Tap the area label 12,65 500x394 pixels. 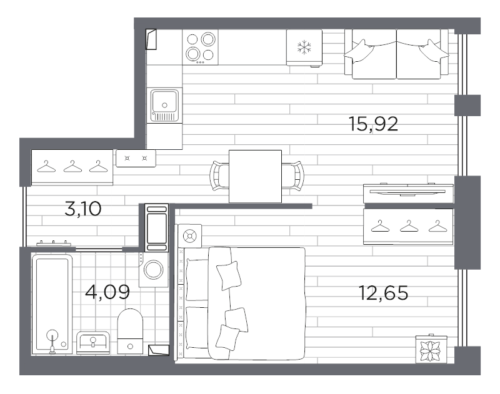pos(382,292)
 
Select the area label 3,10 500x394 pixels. pos(82,208)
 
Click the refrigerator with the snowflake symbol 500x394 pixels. pos(303,47)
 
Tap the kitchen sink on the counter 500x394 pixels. pos(165,104)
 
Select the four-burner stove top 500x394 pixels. pos(200,47)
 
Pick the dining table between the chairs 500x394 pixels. pos(254,177)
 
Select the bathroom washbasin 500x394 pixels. pos(94,342)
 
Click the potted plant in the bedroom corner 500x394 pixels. pos(432,349)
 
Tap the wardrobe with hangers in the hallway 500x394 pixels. pos(72,167)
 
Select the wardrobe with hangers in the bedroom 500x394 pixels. pos(408,227)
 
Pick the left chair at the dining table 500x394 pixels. pos(218,175)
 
